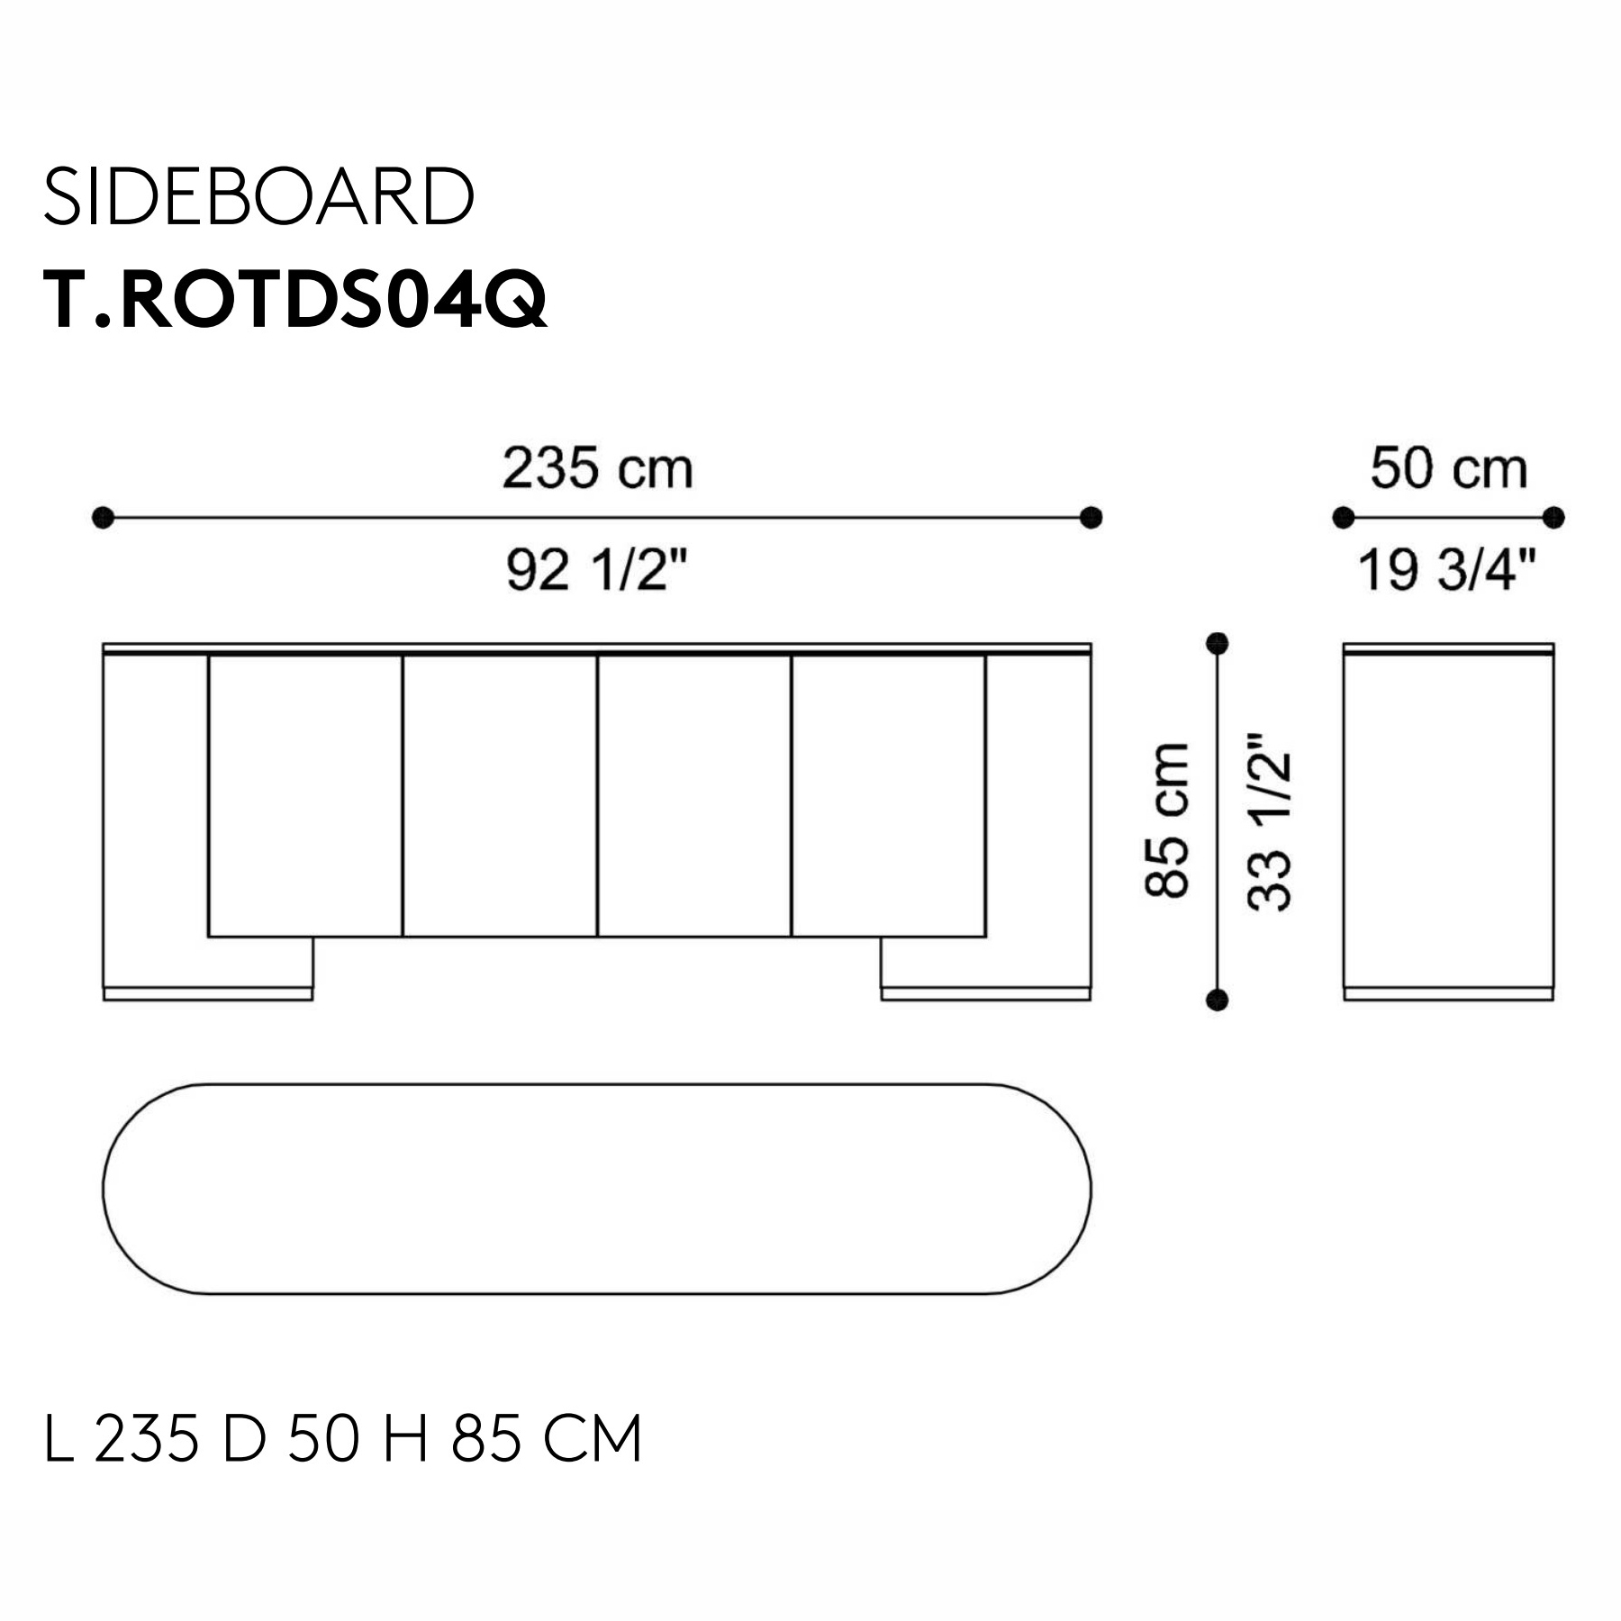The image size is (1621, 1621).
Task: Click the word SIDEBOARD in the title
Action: (258, 196)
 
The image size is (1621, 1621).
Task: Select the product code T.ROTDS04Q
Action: (295, 300)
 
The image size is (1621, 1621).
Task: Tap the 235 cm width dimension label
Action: (598, 468)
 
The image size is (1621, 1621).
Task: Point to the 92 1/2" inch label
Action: (598, 569)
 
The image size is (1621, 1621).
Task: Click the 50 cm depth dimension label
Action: (1449, 468)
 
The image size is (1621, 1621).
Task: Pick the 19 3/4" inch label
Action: (1447, 569)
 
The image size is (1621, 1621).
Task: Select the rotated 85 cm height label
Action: (1167, 820)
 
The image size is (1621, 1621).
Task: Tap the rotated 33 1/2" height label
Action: (1270, 820)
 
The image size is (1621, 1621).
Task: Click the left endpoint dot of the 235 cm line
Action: (104, 518)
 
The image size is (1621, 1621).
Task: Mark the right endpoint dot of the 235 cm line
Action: (1091, 518)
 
